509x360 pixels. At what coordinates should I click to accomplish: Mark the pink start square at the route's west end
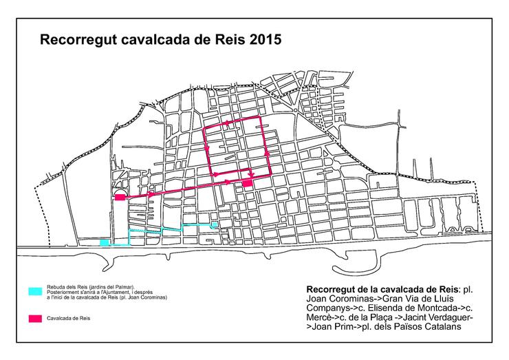pos(119,198)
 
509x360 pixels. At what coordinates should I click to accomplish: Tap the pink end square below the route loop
pos(247,184)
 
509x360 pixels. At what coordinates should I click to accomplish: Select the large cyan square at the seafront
pos(104,242)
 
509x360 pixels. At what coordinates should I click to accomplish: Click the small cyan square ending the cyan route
pos(215,225)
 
